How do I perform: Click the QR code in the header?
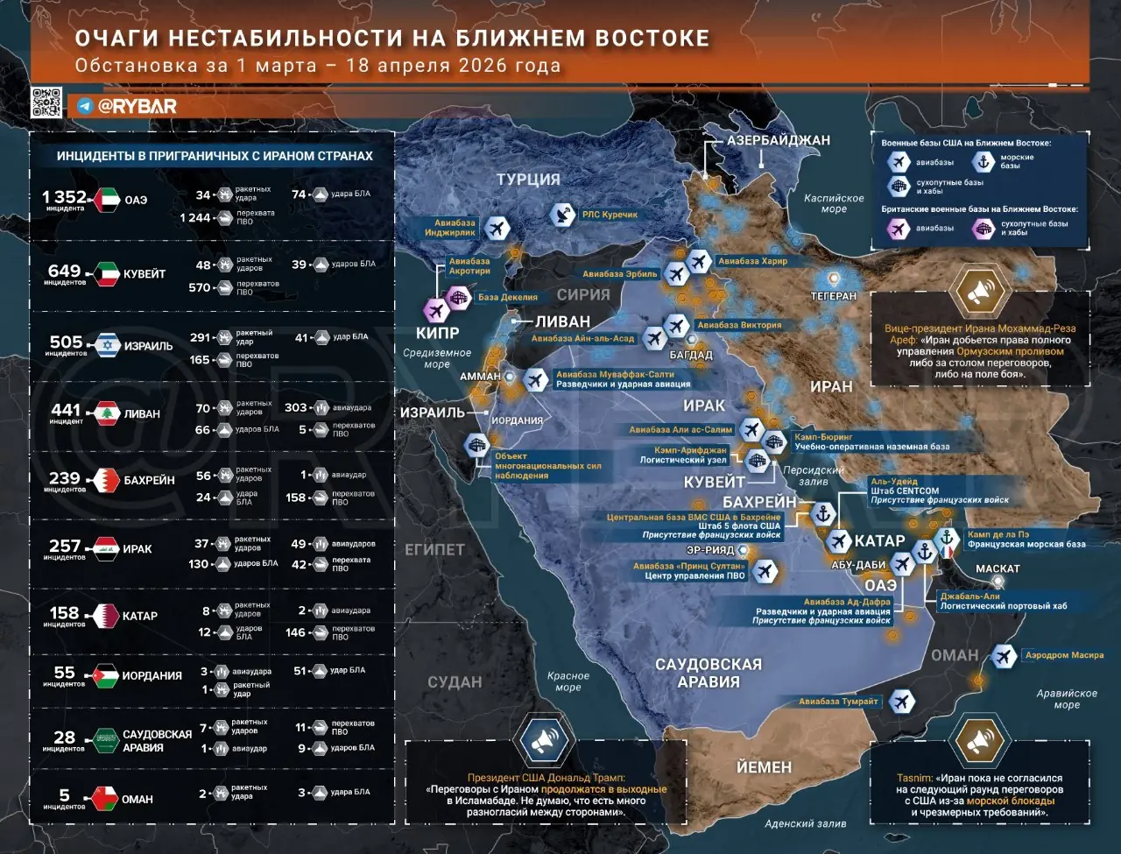point(46,102)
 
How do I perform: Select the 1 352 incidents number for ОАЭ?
point(64,197)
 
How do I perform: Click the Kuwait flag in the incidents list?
point(108,272)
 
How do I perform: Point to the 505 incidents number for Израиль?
point(66,342)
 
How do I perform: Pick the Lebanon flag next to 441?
point(107,413)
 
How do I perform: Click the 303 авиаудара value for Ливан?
point(296,407)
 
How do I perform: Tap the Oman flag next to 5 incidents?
point(106,798)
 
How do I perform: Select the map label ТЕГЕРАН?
point(833,296)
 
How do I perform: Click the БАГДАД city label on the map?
point(692,355)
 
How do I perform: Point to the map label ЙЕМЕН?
point(764,767)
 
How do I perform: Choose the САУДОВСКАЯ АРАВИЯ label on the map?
point(709,673)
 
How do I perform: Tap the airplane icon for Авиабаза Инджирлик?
point(497,229)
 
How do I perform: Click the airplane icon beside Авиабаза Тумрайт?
point(900,701)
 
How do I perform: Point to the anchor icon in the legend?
point(984,160)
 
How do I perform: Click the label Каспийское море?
point(834,203)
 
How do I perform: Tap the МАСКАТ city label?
point(998,568)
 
